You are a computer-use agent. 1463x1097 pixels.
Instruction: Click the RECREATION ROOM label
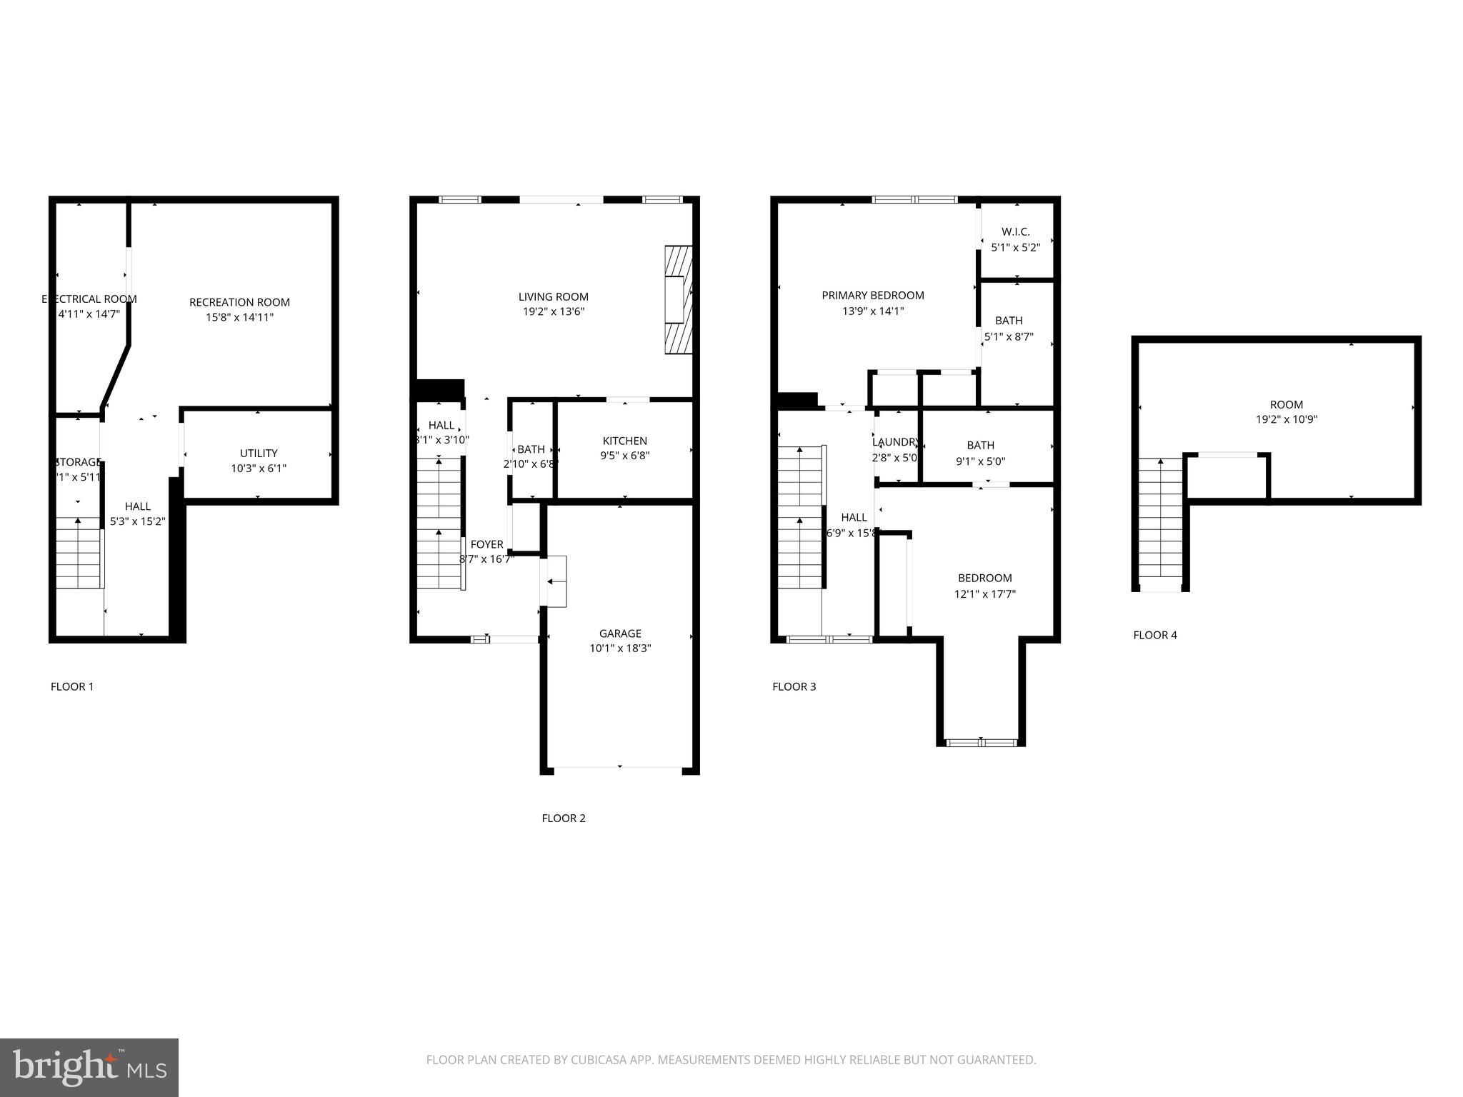(239, 302)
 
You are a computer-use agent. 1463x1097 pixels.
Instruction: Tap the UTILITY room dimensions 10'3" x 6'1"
(259, 469)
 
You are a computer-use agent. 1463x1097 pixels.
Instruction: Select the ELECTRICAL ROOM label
(89, 299)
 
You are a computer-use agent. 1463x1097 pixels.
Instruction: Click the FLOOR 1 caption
(72, 687)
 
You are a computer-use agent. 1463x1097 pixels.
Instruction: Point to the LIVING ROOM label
(554, 297)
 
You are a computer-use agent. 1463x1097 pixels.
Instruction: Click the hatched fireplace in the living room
(678, 300)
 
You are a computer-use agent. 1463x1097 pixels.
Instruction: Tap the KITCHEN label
(625, 441)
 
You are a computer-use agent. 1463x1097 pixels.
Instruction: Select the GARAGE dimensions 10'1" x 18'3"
(620, 648)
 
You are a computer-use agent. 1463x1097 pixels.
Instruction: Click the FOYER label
(487, 545)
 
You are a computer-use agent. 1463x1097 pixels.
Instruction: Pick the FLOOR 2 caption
(564, 818)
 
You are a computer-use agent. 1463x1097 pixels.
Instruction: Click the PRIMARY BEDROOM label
(873, 296)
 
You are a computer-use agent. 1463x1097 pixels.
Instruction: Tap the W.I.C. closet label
(1015, 232)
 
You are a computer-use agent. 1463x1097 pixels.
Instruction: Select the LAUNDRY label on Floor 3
(895, 442)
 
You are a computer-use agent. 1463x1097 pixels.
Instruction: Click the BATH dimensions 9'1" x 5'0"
(981, 461)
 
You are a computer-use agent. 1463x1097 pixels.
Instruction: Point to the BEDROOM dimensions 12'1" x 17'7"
(985, 594)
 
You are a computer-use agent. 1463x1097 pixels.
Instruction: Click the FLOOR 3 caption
(794, 687)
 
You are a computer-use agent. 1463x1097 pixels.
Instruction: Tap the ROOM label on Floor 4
(1287, 405)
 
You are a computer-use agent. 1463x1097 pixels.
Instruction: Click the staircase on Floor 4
(1161, 521)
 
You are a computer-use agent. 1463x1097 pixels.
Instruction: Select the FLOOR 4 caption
(1155, 635)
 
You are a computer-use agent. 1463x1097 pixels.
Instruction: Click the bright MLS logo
(89, 1068)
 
